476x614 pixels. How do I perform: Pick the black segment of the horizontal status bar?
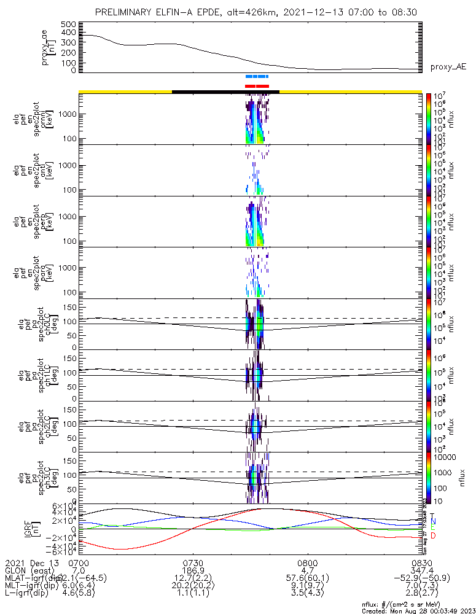coord(225,91)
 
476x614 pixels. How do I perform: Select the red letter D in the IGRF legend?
coord(432,536)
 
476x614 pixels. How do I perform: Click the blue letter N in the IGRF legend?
coord(432,522)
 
